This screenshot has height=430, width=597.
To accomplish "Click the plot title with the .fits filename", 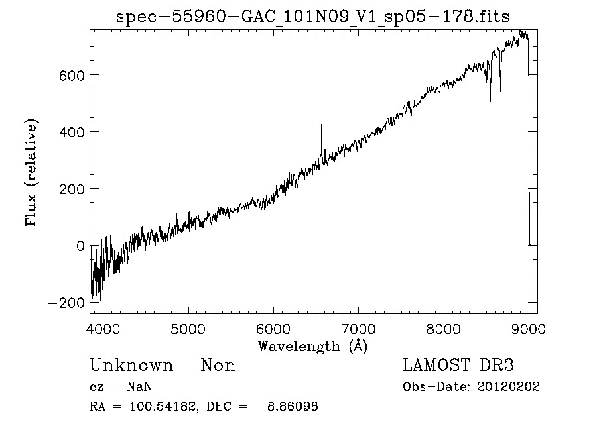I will coord(312,17).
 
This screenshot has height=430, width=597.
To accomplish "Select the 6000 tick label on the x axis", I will coord(273,329).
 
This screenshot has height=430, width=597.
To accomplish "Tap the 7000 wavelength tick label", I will coord(358,329).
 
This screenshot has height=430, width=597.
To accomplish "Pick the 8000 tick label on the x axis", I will coord(443,329).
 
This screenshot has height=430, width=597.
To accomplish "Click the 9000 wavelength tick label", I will coord(528,329).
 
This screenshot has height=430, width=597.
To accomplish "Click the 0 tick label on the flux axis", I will coord(80,246).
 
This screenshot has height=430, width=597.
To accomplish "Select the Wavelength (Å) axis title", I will coord(312,346).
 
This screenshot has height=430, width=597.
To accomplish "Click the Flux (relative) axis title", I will coord(32,172).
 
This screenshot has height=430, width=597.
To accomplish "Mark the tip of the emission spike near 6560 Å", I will coord(321,125).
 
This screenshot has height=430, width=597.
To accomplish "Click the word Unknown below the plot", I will coord(131,366).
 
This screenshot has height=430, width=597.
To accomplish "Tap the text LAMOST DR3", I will coord(458,365).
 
